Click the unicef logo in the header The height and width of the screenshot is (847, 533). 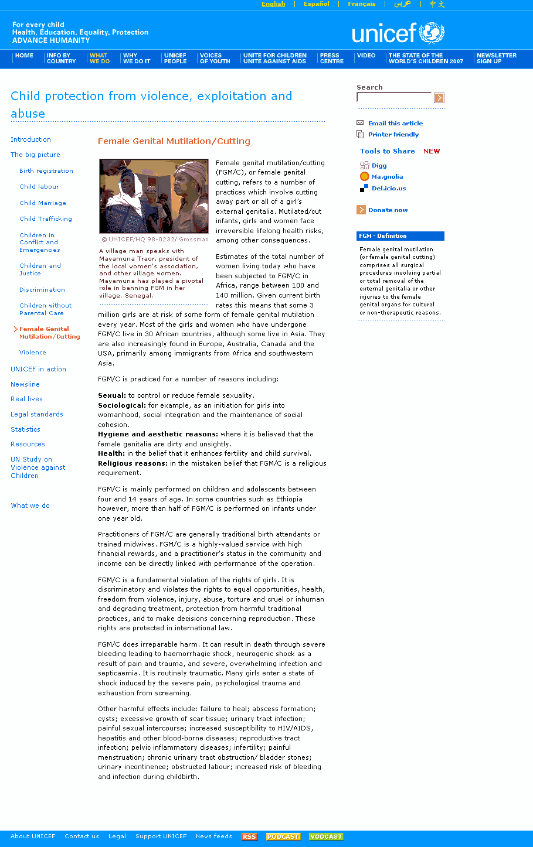[x=398, y=33]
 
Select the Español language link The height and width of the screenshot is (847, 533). [x=317, y=4]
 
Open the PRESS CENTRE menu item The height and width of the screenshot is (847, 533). [x=332, y=59]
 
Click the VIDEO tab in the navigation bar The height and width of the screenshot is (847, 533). [x=366, y=56]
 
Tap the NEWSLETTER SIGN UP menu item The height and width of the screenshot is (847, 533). [x=496, y=59]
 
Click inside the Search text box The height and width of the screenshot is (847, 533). [x=393, y=98]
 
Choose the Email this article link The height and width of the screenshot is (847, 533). [x=395, y=124]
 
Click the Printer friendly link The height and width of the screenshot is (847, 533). [x=393, y=135]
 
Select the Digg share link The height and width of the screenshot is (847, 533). [x=379, y=166]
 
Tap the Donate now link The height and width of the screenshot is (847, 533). [x=388, y=210]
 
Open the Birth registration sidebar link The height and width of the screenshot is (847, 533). [x=46, y=171]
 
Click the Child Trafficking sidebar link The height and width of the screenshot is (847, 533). [x=46, y=219]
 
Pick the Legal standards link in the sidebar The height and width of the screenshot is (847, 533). [x=37, y=415]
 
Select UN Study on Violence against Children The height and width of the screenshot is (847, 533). [x=38, y=467]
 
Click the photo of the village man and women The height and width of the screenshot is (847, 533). [x=154, y=196]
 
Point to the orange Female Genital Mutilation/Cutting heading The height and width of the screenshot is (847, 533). [x=174, y=141]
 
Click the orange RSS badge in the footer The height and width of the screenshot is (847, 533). [x=249, y=836]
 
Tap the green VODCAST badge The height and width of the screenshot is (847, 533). [x=326, y=836]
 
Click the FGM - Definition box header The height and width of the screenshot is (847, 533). [x=400, y=236]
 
